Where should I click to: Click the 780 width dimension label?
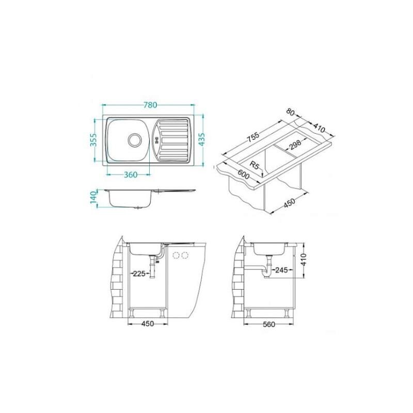(150, 105)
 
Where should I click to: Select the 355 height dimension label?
(94, 140)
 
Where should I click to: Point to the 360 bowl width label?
(131, 174)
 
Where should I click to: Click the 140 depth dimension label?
(93, 198)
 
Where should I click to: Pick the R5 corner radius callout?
(255, 166)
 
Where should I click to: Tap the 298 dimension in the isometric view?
(294, 144)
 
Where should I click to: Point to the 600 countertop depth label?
(243, 174)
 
